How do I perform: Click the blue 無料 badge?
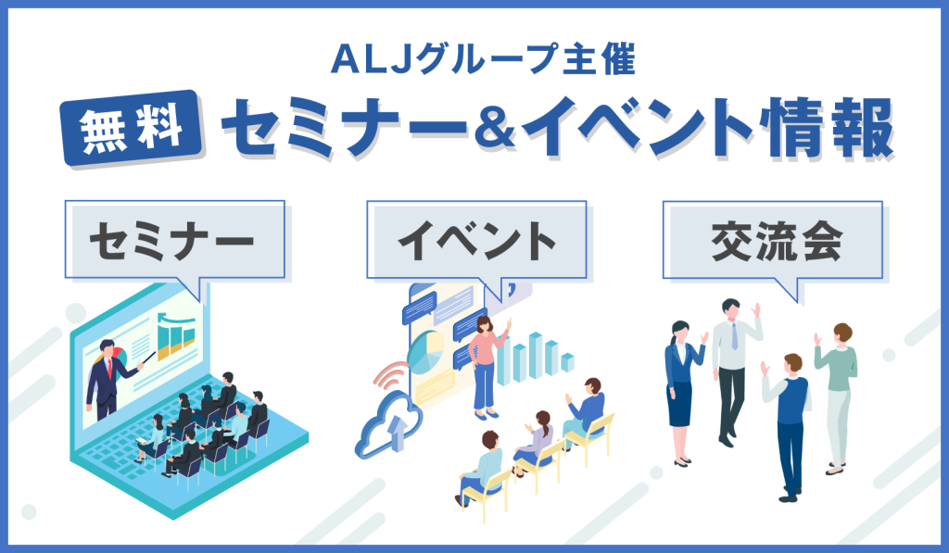(x=132, y=128)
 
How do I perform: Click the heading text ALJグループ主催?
(x=483, y=59)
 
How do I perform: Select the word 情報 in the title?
(x=826, y=128)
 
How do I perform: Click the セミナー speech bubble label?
(x=175, y=240)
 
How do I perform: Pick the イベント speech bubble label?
(x=476, y=240)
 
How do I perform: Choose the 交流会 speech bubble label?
(x=772, y=240)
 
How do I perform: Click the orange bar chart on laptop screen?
(x=176, y=336)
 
